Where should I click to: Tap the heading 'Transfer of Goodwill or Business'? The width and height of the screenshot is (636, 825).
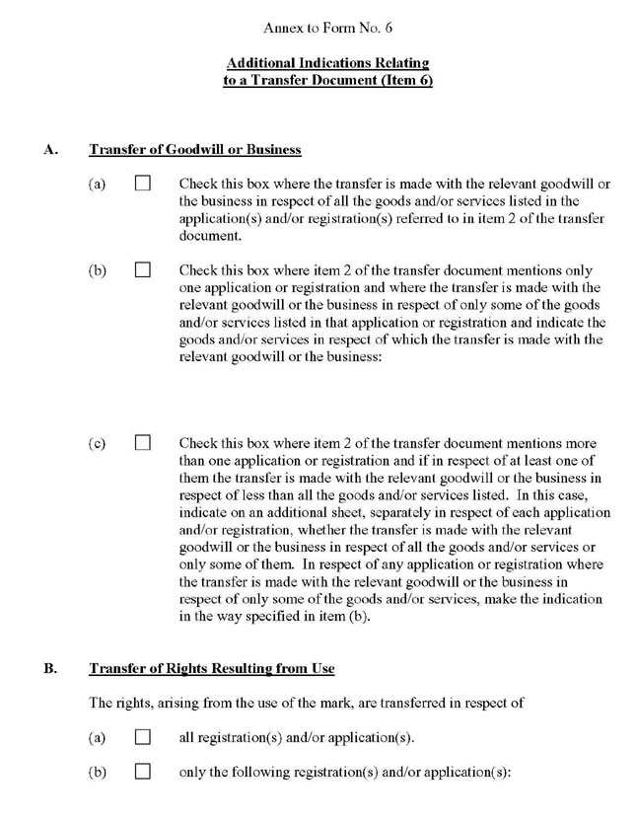click(x=194, y=150)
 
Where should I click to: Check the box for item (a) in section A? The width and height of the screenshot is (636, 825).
click(x=143, y=185)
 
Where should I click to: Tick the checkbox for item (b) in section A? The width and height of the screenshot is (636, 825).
click(x=143, y=269)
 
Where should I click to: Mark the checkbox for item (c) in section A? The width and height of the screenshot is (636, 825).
click(x=143, y=443)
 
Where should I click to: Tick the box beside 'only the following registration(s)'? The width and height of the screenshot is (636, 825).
click(x=143, y=771)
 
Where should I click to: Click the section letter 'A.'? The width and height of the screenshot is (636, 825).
click(x=50, y=150)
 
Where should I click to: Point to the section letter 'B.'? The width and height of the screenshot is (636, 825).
click(x=50, y=668)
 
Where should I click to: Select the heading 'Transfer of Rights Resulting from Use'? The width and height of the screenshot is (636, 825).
click(x=211, y=668)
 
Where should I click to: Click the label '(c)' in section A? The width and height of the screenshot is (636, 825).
click(x=97, y=443)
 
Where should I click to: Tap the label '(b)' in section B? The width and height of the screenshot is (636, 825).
click(x=97, y=771)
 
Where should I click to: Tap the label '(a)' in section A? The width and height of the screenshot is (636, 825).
click(x=97, y=185)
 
